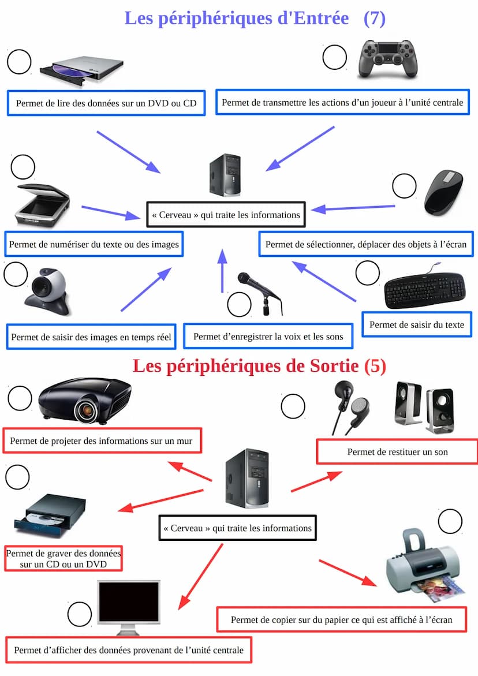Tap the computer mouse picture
point(443,191)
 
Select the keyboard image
point(425,287)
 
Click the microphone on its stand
point(260,292)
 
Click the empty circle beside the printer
point(450,521)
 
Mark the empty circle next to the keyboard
point(367,273)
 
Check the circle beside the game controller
point(334,57)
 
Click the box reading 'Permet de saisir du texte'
point(416,324)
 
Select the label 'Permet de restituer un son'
point(397,451)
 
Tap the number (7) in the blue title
point(375,18)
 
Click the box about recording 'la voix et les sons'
point(268,336)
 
